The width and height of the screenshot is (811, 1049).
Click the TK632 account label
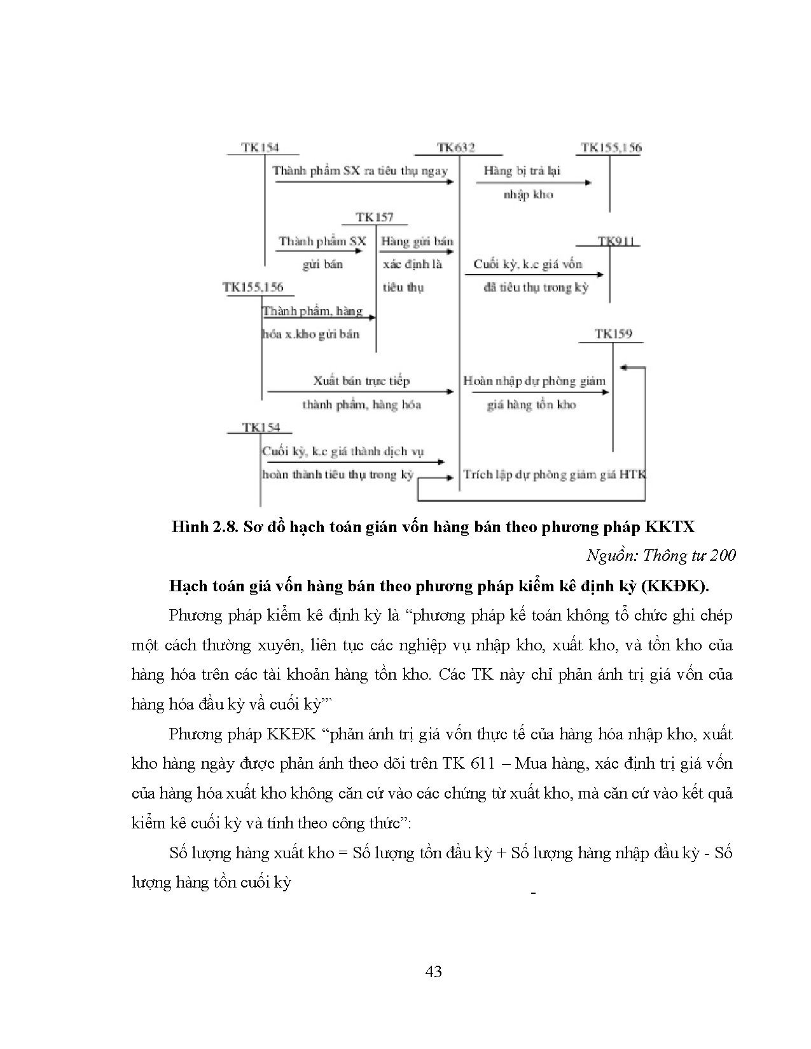click(x=456, y=147)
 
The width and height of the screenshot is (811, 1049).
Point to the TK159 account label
click(x=613, y=333)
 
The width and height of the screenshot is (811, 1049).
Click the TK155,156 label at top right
click(x=611, y=147)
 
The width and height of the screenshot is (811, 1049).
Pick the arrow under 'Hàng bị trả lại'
click(x=534, y=183)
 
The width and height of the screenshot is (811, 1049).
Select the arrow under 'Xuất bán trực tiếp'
click(x=360, y=392)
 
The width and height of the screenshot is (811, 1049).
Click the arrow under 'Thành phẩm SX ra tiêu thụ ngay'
click(x=364, y=182)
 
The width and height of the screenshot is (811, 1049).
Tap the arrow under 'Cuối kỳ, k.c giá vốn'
click(x=534, y=275)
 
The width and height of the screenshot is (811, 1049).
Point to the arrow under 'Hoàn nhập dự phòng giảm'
click(x=539, y=392)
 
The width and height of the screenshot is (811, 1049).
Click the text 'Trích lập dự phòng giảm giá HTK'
click(x=554, y=475)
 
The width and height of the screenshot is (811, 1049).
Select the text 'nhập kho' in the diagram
click(x=528, y=195)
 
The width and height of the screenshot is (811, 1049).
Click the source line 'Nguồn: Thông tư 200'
click(x=661, y=556)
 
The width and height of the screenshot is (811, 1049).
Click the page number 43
click(x=433, y=971)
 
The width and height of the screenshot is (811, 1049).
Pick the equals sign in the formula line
click(x=343, y=853)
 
